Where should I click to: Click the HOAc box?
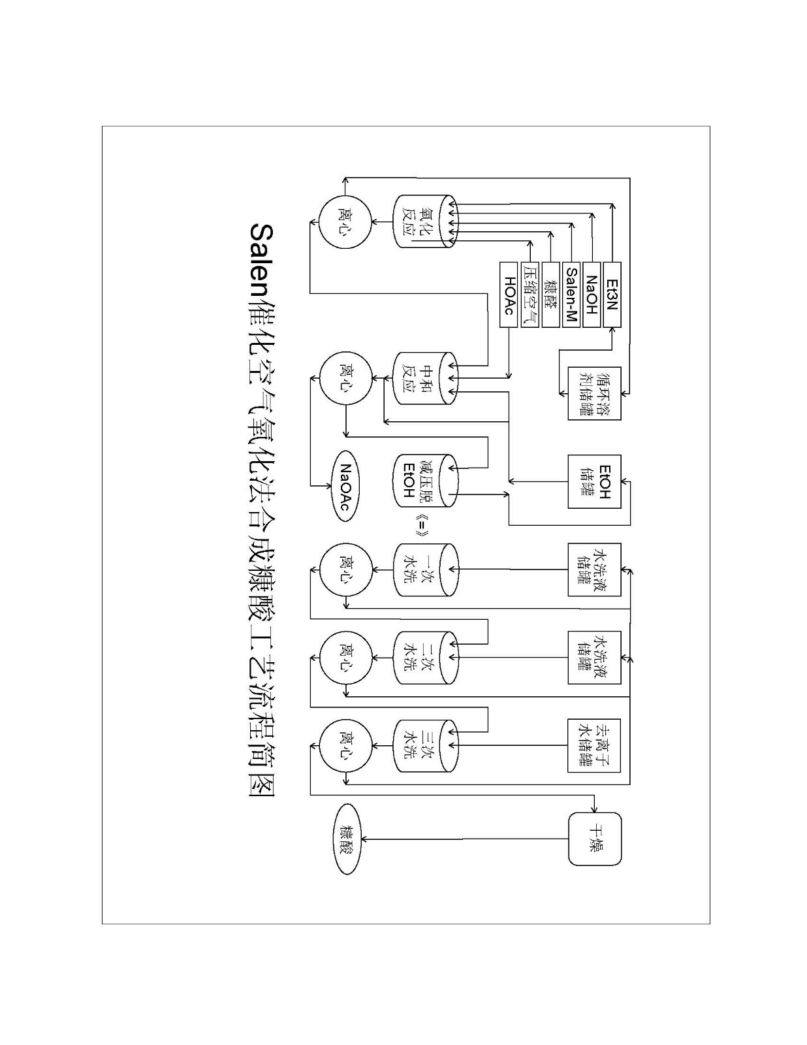[x=509, y=294]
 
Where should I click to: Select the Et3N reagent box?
[x=612, y=294]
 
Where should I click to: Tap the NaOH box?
[x=592, y=294]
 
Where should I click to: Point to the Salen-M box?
[x=571, y=294]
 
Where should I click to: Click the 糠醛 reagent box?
[x=550, y=294]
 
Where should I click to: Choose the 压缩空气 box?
[x=530, y=294]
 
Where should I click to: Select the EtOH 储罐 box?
[x=594, y=482]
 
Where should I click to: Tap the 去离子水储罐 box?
[x=594, y=746]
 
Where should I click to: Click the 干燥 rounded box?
[x=594, y=839]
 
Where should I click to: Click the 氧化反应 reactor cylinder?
[x=424, y=221]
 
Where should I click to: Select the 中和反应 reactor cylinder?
[x=424, y=379]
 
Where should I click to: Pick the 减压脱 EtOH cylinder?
[x=424, y=481]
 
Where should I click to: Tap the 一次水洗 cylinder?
[x=424, y=570]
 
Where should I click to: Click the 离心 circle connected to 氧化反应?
[x=345, y=222]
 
